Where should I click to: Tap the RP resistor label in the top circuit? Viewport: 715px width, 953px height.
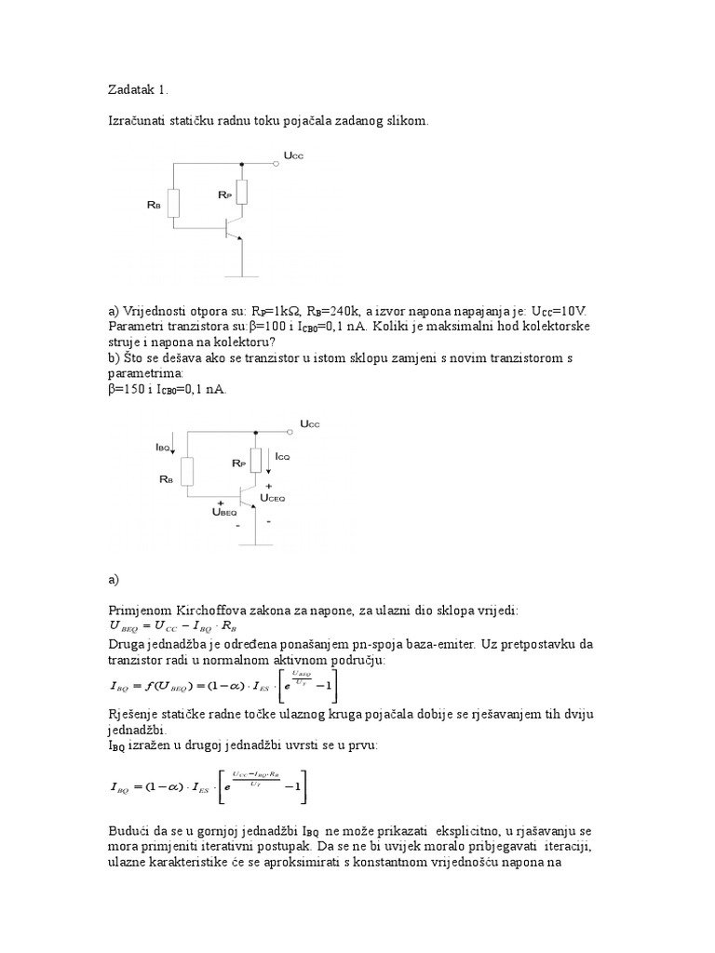(224, 195)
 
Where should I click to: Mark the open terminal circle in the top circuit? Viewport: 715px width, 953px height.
(277, 163)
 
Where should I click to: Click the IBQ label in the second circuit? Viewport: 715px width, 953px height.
(163, 447)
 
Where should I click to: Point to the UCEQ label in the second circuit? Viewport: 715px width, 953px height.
(273, 498)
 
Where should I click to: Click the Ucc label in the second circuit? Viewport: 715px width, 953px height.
(309, 423)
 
